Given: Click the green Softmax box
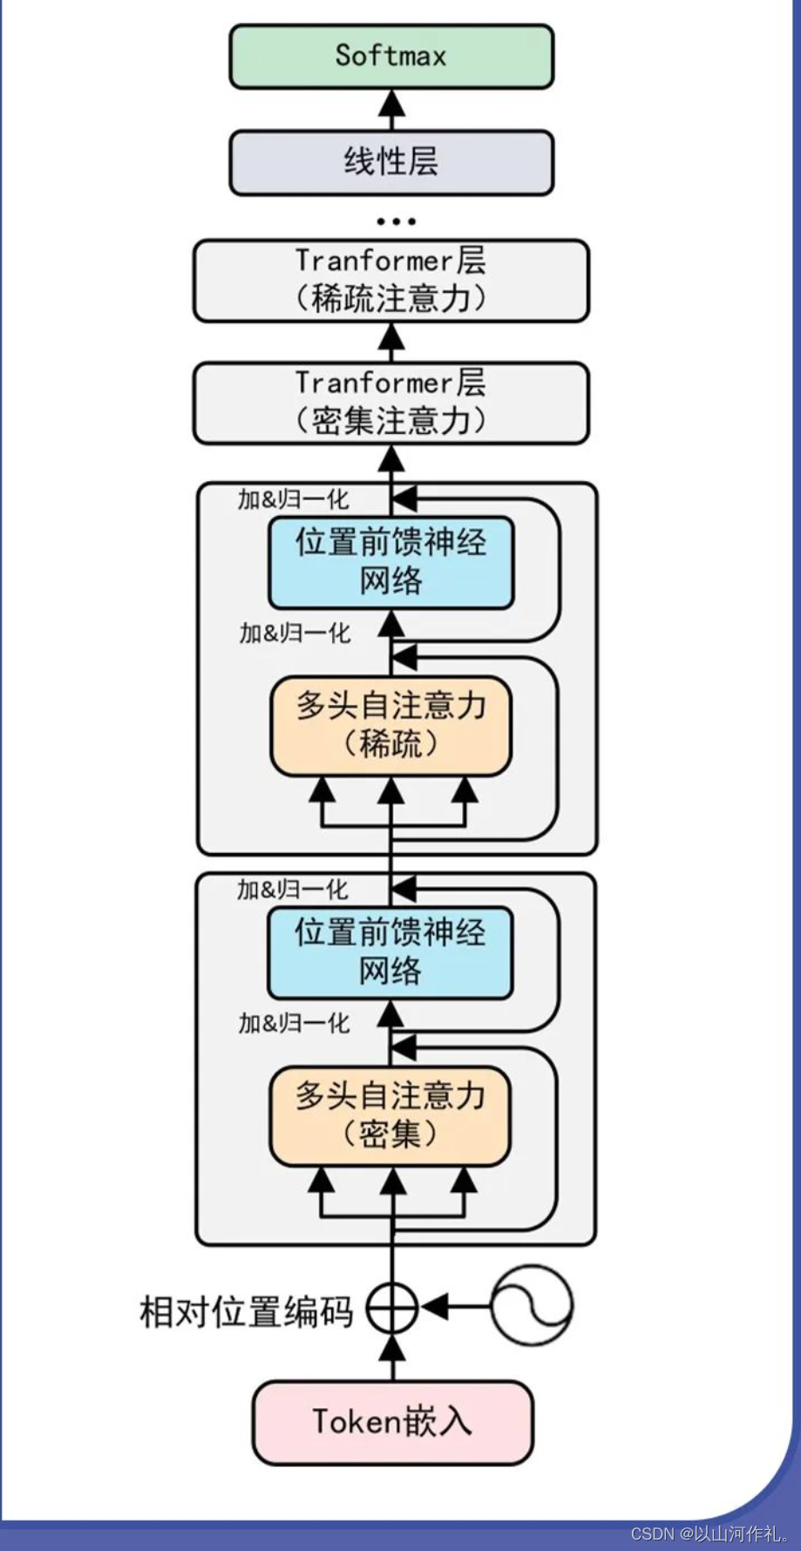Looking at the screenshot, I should pos(391,57).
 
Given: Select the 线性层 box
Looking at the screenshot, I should pos(391,162).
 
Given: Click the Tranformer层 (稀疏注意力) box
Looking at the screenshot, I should pos(391,281).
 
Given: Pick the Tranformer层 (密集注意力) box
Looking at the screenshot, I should pos(391,403).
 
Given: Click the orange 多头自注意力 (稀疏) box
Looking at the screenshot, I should pos(390,726).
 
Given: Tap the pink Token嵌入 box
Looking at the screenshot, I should pos(392,1422).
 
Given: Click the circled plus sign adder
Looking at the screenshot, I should pos(392,1307).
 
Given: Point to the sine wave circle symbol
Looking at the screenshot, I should pos(532,1306).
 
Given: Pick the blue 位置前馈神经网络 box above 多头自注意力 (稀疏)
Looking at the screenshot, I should pos(390,562).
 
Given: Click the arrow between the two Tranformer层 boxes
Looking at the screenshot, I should pos(392,342).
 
